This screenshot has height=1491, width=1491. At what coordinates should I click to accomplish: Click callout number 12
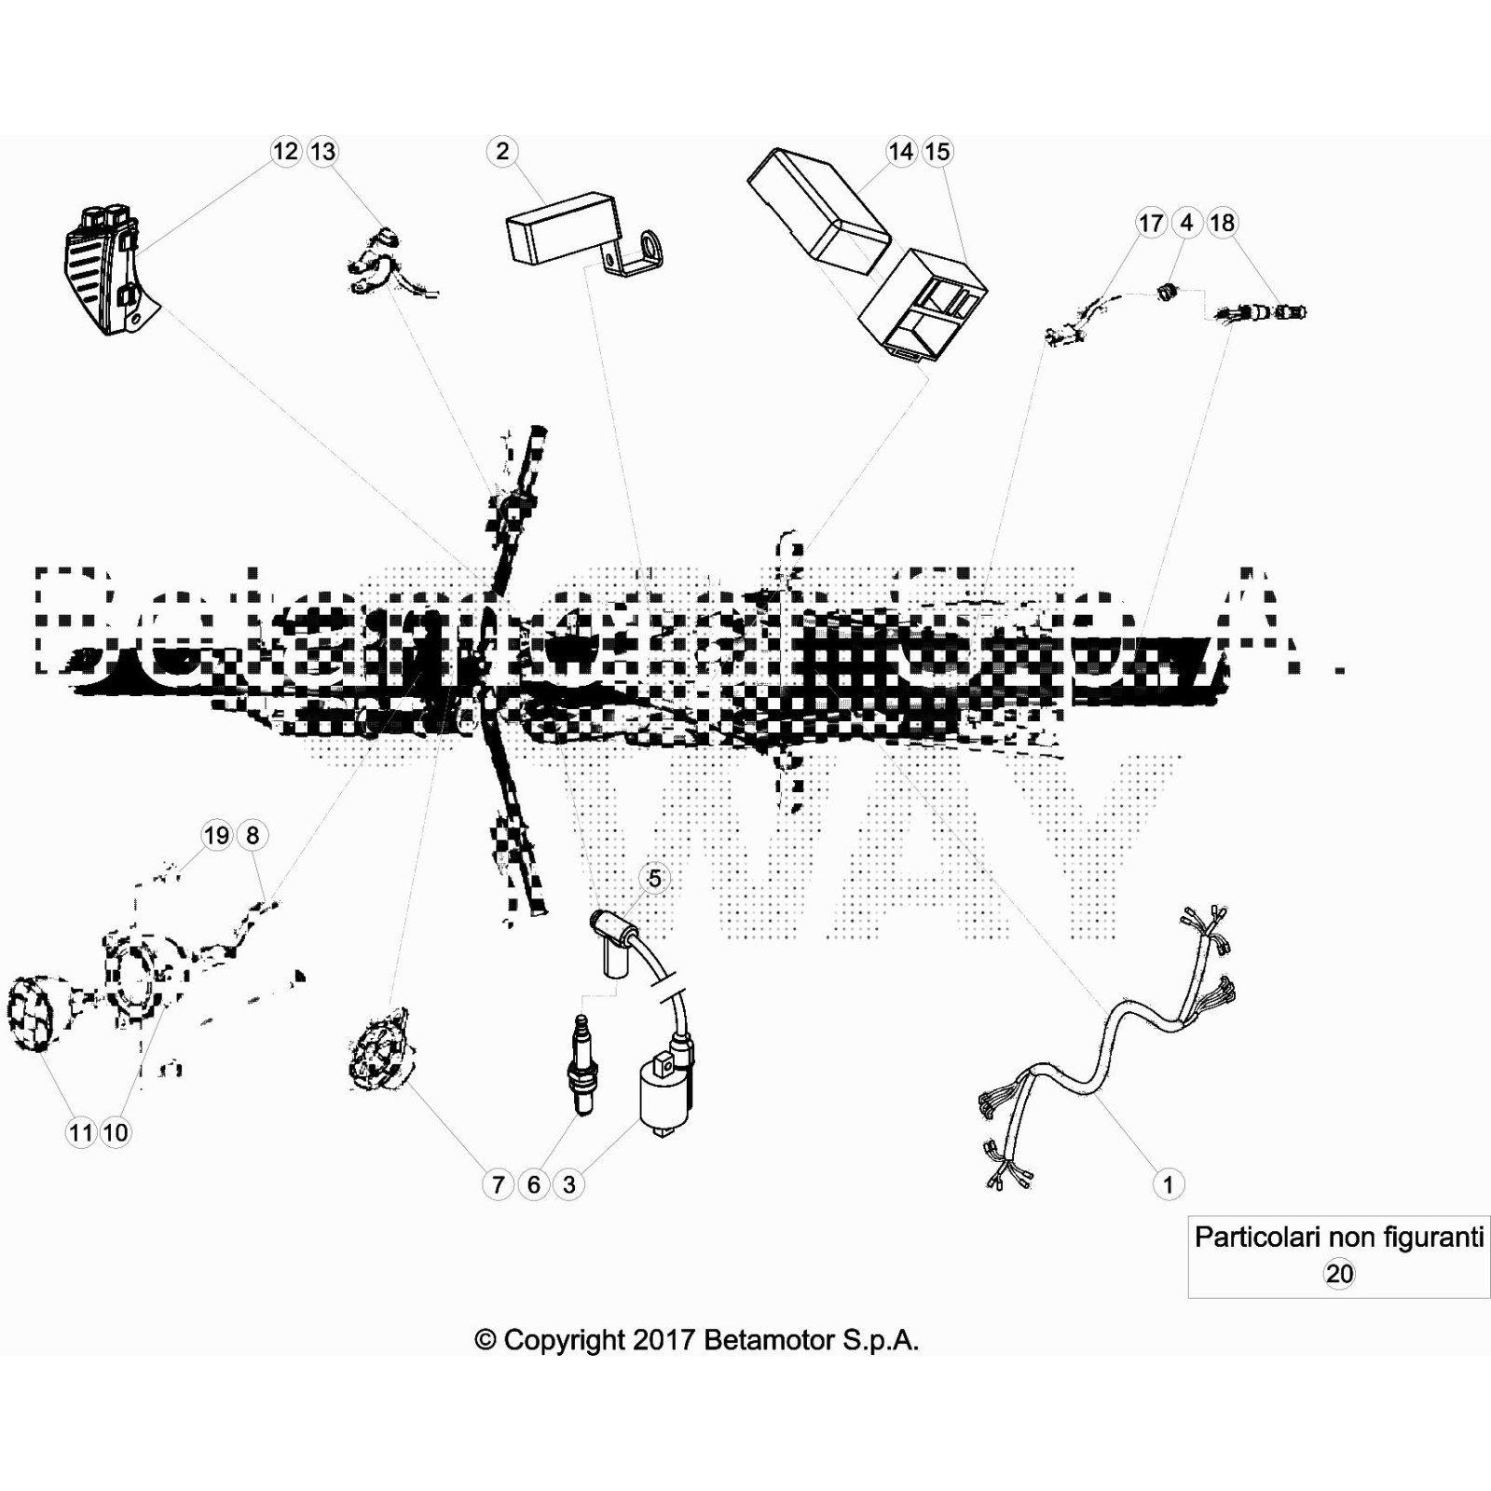click(285, 151)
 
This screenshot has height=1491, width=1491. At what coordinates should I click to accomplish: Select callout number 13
click(322, 151)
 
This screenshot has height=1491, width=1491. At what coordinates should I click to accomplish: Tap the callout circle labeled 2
click(502, 151)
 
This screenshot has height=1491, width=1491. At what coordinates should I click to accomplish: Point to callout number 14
click(901, 151)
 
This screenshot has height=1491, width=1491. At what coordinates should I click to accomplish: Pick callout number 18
click(1222, 223)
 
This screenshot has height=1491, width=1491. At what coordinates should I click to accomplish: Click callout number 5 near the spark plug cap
click(654, 878)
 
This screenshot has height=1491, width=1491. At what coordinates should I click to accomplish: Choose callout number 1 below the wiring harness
click(1168, 1184)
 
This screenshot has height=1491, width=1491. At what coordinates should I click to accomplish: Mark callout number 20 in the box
click(1339, 1274)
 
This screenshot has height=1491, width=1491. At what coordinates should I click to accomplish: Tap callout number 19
click(216, 835)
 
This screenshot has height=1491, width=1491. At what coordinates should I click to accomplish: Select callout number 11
click(81, 1132)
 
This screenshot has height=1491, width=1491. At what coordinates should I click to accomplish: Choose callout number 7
click(498, 1184)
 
